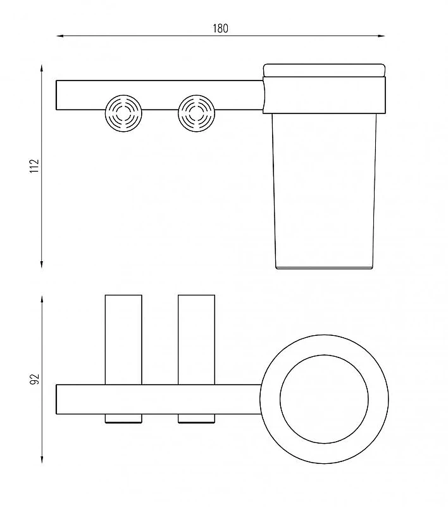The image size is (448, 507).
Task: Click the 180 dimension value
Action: pos(220,29)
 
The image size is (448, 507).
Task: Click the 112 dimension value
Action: pos(34,166)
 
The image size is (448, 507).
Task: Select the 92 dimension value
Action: pos(34,379)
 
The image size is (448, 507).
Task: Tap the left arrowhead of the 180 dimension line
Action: pos(60,36)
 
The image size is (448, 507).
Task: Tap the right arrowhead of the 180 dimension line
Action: pos(381,36)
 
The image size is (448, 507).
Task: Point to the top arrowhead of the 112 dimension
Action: pos(42,68)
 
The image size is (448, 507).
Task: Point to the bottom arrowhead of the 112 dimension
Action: pos(42,264)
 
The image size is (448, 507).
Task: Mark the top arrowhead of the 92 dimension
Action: pos(42,299)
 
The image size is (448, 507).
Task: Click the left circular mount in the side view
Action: pos(123,113)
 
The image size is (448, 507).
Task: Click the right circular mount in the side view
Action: pos(196,113)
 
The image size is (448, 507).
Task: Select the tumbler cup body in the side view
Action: pos(325,191)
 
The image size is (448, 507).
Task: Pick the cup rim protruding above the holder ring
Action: pos(325,70)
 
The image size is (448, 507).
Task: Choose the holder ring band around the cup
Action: pos(325,95)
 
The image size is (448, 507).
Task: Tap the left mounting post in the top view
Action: pos(123,340)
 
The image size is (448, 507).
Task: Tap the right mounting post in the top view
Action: pos(196,340)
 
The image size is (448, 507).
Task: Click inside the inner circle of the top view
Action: pos(324,399)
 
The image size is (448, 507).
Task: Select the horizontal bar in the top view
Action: pos(159,399)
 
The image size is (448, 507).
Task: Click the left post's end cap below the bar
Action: pos(123,418)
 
